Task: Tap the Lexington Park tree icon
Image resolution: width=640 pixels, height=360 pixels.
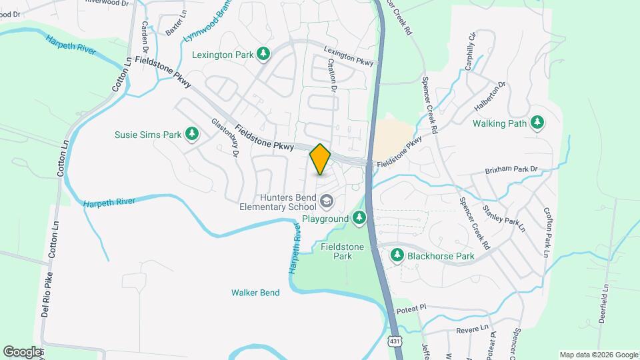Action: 264,53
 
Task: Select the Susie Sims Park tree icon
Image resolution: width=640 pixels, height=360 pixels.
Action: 192,134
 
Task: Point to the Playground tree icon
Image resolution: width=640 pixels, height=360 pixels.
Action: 360,218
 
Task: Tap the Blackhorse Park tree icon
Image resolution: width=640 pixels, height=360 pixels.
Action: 397,255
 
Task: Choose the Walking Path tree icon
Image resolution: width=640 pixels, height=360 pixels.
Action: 537,123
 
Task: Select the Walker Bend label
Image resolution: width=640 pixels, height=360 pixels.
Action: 255,293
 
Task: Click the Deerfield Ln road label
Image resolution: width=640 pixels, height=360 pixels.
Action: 603,303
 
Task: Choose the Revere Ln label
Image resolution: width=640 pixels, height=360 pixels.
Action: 469,330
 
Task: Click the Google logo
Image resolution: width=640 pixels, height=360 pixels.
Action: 22,351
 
